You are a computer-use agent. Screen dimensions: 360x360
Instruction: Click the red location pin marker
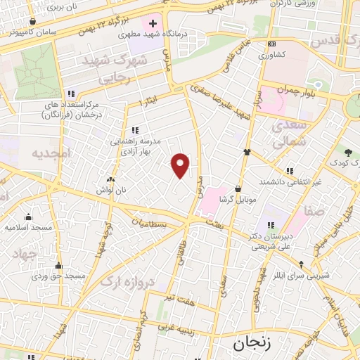181,165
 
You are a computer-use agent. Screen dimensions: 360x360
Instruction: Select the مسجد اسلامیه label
28,227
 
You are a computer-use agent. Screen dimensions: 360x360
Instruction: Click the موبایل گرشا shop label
237,199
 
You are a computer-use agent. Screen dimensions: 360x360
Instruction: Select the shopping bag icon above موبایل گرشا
238,188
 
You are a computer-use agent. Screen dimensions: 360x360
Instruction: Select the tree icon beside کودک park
347,152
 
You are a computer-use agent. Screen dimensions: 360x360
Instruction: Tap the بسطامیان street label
151,224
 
